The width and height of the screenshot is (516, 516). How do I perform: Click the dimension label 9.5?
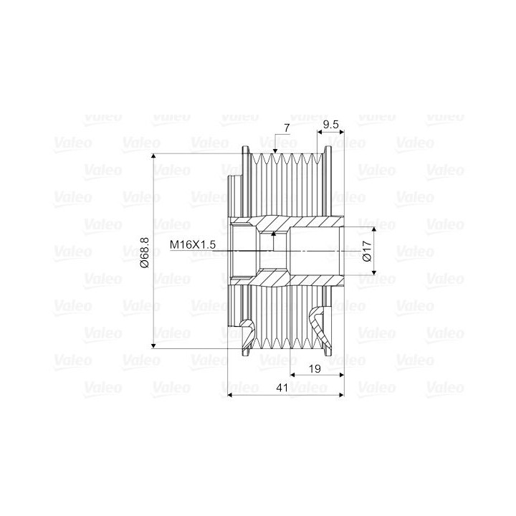[x=330, y=125]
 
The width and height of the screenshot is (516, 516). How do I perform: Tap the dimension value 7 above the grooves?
[x=287, y=128]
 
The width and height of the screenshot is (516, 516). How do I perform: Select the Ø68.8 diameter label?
[x=145, y=252]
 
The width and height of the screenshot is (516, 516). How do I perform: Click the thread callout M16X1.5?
[x=193, y=244]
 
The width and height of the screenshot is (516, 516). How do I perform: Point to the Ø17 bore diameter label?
[x=367, y=251]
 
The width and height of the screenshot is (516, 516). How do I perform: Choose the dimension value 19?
[x=315, y=368]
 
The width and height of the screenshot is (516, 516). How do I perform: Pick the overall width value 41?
[x=282, y=388]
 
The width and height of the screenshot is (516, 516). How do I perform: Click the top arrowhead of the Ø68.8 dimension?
[x=153, y=157]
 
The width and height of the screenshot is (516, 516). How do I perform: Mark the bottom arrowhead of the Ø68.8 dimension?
[x=153, y=345]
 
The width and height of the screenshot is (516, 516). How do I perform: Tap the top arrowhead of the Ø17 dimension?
[x=374, y=230]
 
